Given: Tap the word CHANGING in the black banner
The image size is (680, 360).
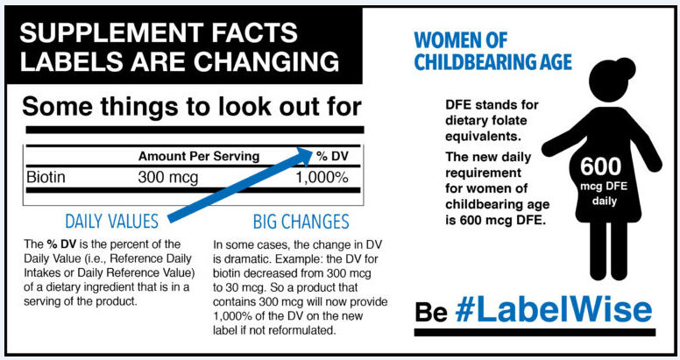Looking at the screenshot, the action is [266, 61].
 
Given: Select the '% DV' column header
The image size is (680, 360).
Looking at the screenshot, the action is [333, 156].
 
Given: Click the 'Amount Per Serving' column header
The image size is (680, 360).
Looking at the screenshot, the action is [199, 156].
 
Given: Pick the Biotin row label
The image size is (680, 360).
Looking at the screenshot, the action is [46, 177].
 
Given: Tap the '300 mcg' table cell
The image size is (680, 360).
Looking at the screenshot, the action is [168, 178].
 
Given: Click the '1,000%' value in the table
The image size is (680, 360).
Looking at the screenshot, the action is [322, 178].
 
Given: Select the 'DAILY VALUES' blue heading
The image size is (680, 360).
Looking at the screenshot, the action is [111, 222].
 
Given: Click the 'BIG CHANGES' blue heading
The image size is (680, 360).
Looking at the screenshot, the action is [301, 222].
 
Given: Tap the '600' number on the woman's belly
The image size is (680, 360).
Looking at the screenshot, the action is [600, 166].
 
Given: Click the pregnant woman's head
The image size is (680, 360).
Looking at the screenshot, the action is [607, 81].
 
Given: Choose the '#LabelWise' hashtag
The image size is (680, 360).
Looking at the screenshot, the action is [553, 310].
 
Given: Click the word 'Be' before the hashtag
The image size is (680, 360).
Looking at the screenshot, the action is [430, 312].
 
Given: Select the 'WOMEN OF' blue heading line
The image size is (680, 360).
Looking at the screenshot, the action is [461, 40].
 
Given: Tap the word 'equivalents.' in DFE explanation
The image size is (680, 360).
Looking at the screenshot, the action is [483, 136].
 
